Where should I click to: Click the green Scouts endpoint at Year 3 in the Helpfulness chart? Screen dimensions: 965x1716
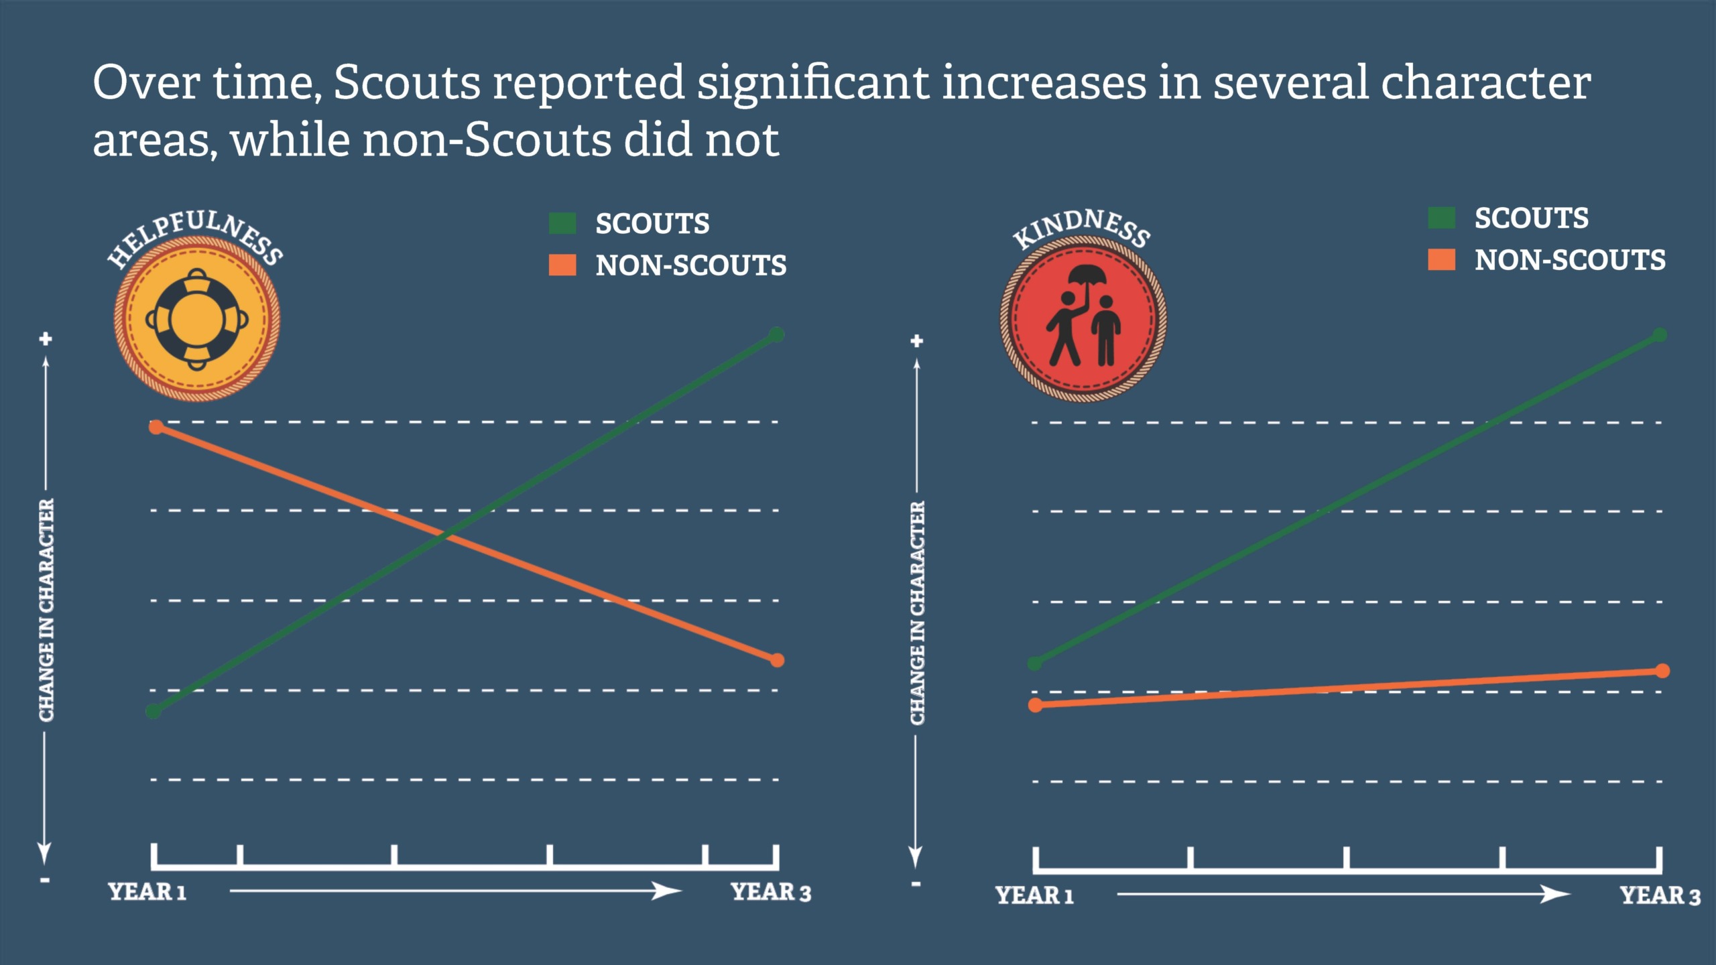(x=776, y=334)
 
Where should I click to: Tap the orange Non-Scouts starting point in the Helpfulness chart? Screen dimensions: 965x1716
(x=156, y=427)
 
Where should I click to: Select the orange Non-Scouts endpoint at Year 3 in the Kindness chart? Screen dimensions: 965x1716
(x=1662, y=671)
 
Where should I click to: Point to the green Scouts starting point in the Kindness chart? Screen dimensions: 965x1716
(x=1035, y=663)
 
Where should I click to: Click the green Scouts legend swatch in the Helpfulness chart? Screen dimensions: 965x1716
(x=562, y=223)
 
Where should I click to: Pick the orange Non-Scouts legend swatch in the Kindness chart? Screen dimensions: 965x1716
(x=1441, y=259)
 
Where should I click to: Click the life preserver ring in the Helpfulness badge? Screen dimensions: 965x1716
(x=197, y=319)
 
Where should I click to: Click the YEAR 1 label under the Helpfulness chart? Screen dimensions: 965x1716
(x=147, y=892)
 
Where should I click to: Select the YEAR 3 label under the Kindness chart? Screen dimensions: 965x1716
(x=1660, y=895)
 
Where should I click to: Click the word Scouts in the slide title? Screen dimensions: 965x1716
(x=407, y=82)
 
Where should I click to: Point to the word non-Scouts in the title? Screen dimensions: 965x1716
(x=487, y=140)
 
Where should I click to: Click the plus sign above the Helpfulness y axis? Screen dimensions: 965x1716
(x=46, y=339)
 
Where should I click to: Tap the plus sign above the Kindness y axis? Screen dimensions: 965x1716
(x=917, y=341)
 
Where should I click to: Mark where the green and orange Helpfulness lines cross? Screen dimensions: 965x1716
(x=445, y=536)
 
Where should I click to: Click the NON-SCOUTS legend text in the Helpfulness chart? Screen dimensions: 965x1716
(x=691, y=265)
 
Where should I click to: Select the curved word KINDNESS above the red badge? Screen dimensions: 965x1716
(x=1081, y=227)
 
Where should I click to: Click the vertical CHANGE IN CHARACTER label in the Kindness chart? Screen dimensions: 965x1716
(x=917, y=613)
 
